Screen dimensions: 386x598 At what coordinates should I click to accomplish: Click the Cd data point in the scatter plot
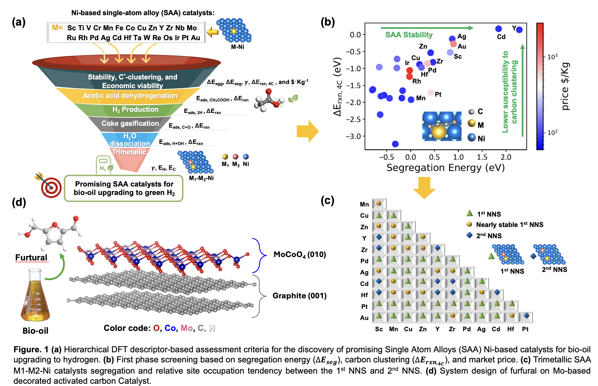(x=498, y=29)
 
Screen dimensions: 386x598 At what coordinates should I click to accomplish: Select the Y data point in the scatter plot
(x=519, y=29)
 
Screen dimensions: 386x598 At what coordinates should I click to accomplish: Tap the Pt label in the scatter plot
(x=438, y=94)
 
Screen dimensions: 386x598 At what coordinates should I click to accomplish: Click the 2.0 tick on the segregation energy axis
(x=506, y=157)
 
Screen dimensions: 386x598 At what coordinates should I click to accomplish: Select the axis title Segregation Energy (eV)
(x=445, y=168)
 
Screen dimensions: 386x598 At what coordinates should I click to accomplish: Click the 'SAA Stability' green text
(x=409, y=35)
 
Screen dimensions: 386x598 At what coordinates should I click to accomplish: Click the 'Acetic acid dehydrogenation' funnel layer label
(x=130, y=96)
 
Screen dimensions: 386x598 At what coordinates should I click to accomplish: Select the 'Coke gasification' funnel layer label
(x=130, y=124)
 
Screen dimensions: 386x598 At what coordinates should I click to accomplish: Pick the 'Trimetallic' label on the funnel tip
(x=129, y=152)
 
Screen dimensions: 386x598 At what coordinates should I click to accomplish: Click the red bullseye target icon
(x=51, y=187)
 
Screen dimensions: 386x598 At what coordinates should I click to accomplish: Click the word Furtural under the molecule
(x=31, y=257)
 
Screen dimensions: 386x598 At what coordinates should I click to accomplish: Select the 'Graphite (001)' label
(x=300, y=296)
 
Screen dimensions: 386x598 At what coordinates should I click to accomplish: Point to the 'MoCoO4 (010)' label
(x=300, y=255)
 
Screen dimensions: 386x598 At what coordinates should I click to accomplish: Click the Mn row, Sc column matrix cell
(x=379, y=204)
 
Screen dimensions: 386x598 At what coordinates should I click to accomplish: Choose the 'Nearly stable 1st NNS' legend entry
(x=509, y=225)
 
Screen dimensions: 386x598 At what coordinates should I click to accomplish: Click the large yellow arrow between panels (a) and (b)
(x=307, y=131)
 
